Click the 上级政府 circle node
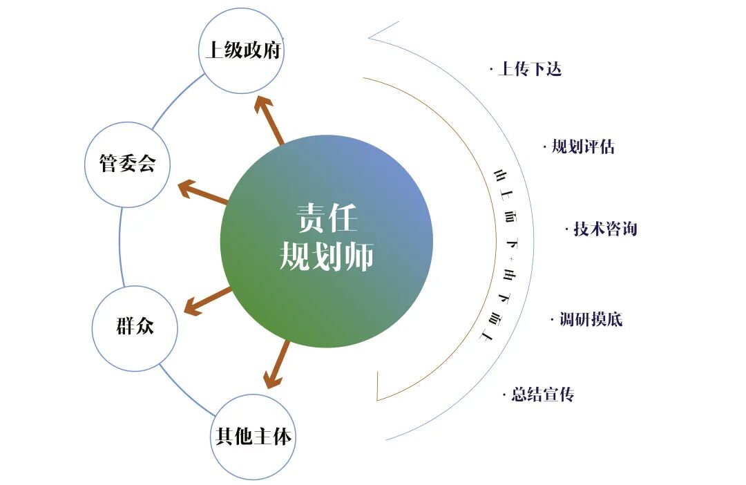pyautogui.click(x=242, y=50)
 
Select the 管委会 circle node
pyautogui.click(x=128, y=164)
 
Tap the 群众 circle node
pyautogui.click(x=135, y=327)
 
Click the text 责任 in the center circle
pyautogui.click(x=327, y=219)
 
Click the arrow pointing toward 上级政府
pyautogui.click(x=270, y=121)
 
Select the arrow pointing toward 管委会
pyautogui.click(x=203, y=193)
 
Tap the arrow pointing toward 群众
pyautogui.click(x=207, y=301)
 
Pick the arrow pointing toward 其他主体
pyautogui.click(x=278, y=363)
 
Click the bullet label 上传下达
pyautogui.click(x=529, y=69)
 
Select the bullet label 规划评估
pyautogui.click(x=582, y=147)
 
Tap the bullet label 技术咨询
pyautogui.click(x=604, y=229)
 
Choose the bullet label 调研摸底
pyautogui.click(x=591, y=319)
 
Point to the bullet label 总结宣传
pyautogui.click(x=542, y=395)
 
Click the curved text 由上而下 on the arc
pyautogui.click(x=508, y=207)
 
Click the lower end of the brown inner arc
pyautogui.click(x=378, y=397)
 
